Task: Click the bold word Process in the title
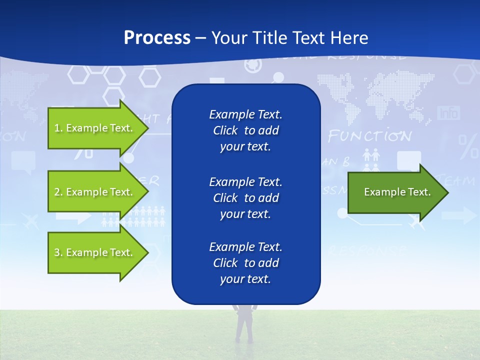(157, 38)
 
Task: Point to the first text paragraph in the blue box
(245, 130)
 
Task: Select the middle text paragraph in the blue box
(245, 197)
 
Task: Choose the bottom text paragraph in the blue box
(245, 263)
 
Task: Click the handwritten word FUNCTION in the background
(369, 136)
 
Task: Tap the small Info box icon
(448, 113)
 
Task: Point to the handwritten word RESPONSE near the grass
(367, 250)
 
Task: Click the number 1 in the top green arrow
(56, 128)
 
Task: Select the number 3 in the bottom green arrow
(56, 252)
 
